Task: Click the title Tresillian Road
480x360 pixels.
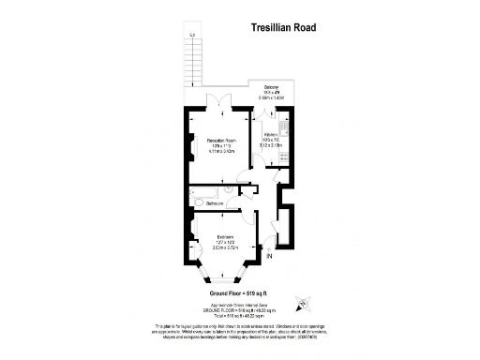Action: [282, 28]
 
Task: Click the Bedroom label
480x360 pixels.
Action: [224, 236]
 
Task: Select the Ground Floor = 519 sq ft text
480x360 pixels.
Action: [239, 293]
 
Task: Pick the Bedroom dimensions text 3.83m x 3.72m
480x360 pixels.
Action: [224, 247]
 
